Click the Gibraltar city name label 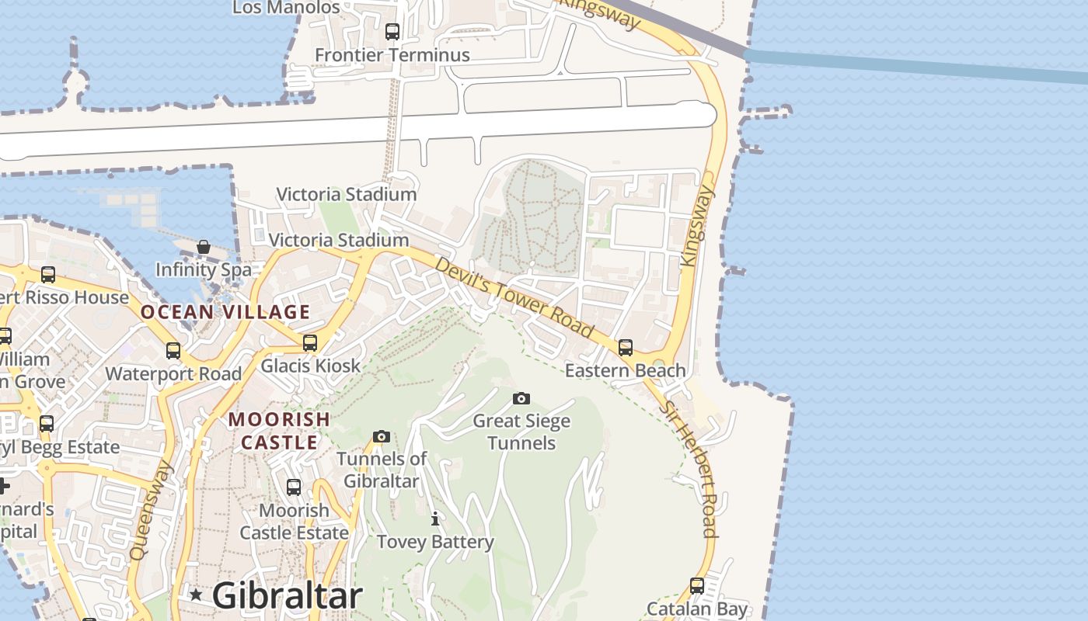tap(287, 596)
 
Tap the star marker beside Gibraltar tap(196, 595)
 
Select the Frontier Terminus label tap(392, 55)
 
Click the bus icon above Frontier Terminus tap(392, 32)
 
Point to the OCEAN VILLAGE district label tap(225, 312)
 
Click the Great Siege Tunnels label tap(521, 432)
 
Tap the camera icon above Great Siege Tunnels tap(521, 399)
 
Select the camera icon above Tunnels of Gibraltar tap(381, 437)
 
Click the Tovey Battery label tap(435, 542)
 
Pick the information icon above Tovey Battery tap(435, 519)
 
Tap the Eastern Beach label tap(625, 370)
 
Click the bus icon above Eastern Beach tap(626, 348)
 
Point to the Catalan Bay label tap(696, 609)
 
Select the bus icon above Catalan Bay tap(697, 586)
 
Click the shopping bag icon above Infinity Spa tap(204, 248)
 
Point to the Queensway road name tap(151, 511)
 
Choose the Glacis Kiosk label tap(310, 366)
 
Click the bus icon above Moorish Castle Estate tap(294, 487)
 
